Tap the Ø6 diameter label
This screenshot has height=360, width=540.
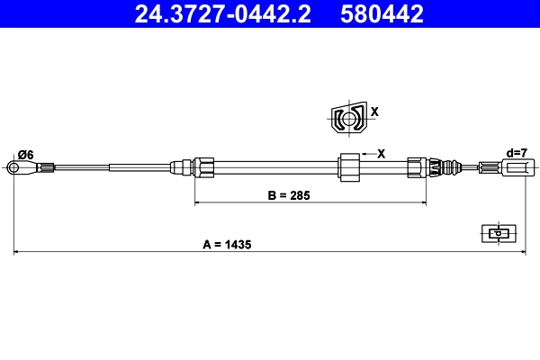click(25, 155)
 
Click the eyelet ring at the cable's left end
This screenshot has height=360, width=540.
click(14, 166)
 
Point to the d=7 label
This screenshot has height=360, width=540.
click(517, 153)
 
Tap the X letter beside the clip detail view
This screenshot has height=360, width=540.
click(375, 112)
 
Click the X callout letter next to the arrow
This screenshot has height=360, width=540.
click(382, 154)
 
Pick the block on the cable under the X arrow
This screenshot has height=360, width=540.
click(348, 167)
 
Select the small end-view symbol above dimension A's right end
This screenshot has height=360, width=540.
click(496, 233)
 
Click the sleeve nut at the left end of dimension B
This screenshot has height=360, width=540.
click(204, 166)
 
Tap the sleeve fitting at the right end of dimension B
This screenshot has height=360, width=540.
click(416, 166)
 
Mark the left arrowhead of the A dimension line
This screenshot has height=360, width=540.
click(17, 253)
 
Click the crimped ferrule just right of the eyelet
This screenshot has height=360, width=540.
click(47, 166)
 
